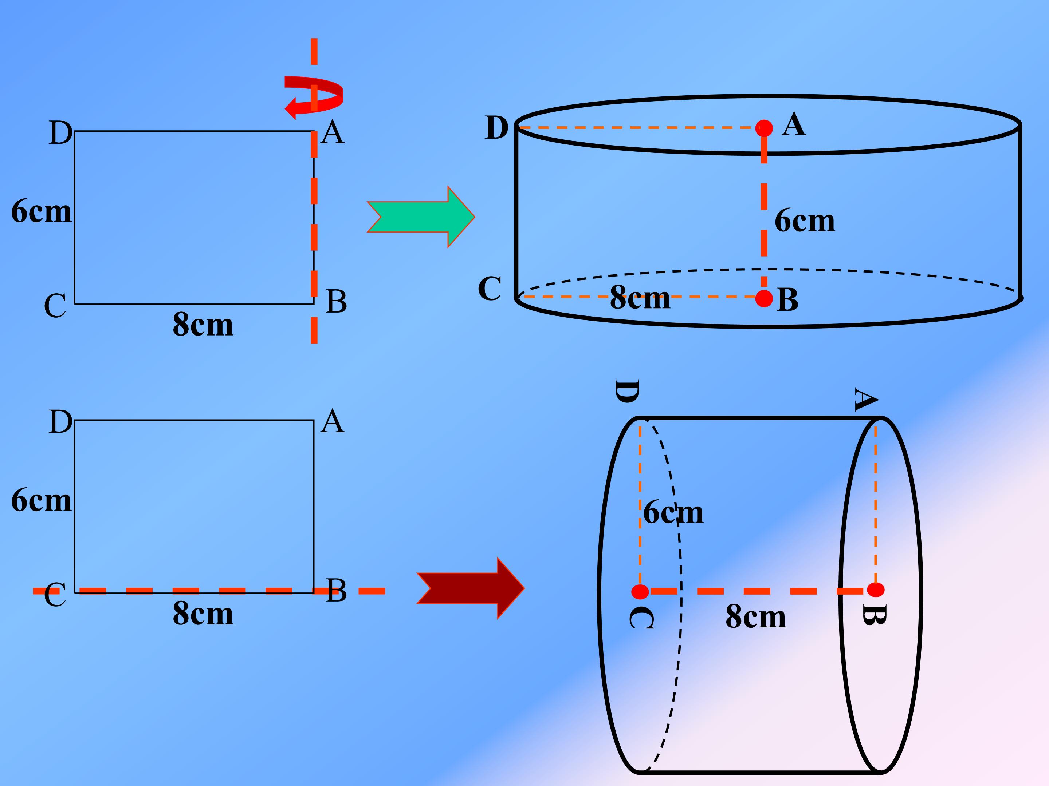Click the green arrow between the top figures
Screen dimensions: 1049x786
click(x=421, y=217)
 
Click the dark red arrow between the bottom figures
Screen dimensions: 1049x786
click(x=471, y=588)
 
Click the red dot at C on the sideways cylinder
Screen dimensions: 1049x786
click(x=640, y=591)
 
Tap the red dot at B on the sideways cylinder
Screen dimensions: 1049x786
click(x=875, y=590)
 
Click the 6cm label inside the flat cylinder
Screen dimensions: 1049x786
click(x=805, y=221)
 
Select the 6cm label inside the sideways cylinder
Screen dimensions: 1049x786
click(x=673, y=513)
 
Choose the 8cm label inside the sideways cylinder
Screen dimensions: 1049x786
click(x=756, y=617)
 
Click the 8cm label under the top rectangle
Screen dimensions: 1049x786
click(x=203, y=325)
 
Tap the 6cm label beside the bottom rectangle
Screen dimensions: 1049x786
click(x=41, y=501)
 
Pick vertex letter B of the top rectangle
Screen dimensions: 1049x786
click(x=336, y=301)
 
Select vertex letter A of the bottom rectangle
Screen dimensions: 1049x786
click(x=332, y=421)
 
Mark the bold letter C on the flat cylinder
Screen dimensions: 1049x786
click(x=490, y=289)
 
